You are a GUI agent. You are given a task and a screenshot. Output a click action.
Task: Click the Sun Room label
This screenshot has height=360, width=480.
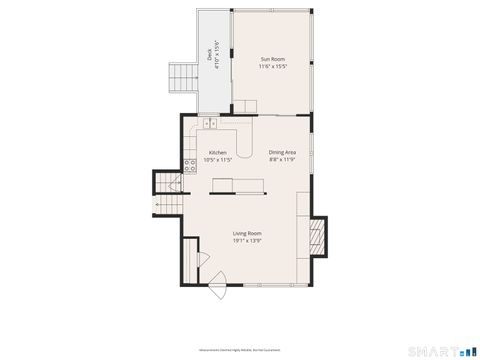(x=273, y=60)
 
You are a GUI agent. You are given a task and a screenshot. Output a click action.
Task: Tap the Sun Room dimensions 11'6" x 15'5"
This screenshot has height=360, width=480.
(x=273, y=68)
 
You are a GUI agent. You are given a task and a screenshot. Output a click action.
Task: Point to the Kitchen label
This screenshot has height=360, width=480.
(x=218, y=152)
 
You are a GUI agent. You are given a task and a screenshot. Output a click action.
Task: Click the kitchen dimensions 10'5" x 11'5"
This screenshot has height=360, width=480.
(x=218, y=160)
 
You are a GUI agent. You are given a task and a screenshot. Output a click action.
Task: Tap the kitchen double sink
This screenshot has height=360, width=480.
(x=210, y=123)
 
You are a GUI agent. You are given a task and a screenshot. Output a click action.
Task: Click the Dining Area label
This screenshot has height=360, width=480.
(x=282, y=152)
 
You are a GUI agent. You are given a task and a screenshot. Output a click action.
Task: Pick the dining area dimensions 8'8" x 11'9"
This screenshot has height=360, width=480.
(x=282, y=160)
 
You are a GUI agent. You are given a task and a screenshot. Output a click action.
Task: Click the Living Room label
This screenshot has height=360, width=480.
(x=247, y=233)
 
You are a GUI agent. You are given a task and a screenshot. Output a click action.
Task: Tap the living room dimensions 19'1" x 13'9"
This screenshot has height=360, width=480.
(x=247, y=241)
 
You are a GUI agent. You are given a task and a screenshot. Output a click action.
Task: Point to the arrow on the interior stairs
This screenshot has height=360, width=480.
(x=157, y=206)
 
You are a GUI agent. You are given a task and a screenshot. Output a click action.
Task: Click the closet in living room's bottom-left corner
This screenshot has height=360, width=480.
(x=191, y=262)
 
